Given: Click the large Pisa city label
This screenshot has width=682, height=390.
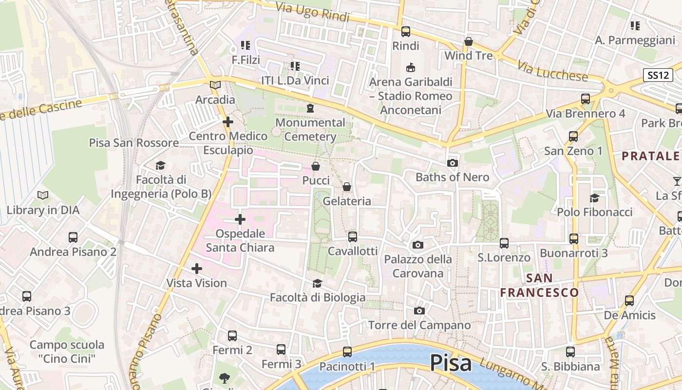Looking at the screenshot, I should (x=451, y=364).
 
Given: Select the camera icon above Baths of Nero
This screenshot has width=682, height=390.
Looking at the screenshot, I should (x=452, y=163).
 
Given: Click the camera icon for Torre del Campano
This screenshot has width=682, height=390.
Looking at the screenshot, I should (x=419, y=311).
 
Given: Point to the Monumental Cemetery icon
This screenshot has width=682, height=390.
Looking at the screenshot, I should (x=310, y=108).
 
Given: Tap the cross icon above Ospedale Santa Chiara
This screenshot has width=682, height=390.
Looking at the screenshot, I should (x=240, y=219).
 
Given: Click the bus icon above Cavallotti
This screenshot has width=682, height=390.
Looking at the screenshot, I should (x=352, y=237).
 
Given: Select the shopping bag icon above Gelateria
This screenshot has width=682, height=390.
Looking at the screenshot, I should (x=347, y=187).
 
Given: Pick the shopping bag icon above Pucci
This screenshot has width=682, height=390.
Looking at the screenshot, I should (x=316, y=166).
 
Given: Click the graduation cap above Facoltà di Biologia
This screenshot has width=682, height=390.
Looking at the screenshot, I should (x=317, y=283).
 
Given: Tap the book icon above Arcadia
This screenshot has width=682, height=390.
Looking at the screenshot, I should (x=215, y=85).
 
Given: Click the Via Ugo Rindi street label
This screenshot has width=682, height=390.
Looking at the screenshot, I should (x=313, y=12).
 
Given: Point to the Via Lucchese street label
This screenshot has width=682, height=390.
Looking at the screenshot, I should (x=552, y=71).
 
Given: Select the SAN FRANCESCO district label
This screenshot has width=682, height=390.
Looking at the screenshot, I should (x=540, y=285).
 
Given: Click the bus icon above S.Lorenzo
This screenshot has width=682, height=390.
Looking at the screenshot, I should (x=504, y=243).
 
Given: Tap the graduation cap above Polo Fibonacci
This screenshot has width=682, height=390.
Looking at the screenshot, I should (x=594, y=198).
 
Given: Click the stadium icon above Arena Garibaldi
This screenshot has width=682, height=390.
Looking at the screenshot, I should (x=411, y=67).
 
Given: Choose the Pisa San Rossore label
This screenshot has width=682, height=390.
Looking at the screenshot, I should (x=133, y=143).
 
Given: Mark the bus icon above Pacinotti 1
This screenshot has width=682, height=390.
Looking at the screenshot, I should (x=347, y=351).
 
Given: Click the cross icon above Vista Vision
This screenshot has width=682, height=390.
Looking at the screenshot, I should (x=197, y=269).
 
